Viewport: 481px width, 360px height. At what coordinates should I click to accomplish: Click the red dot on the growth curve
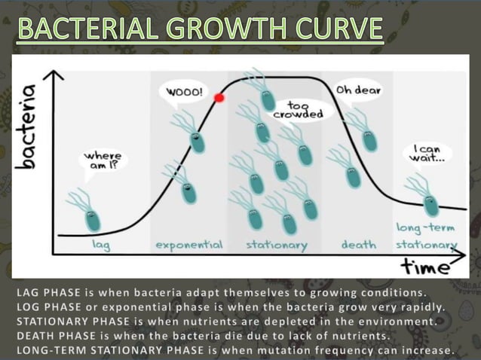(219, 97)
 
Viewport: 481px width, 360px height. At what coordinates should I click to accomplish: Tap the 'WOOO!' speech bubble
(184, 92)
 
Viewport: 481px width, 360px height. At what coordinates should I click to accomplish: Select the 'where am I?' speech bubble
(103, 160)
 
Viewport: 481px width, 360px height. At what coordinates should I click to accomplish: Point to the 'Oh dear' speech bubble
(358, 90)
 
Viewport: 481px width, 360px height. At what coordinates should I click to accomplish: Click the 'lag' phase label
(100, 245)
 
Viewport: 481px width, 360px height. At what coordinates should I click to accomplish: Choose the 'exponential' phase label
(188, 245)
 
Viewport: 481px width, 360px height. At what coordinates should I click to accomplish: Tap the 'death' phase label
(359, 245)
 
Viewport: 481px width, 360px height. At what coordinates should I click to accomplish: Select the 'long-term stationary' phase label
(427, 236)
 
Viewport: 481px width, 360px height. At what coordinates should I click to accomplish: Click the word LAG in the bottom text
(29, 291)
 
